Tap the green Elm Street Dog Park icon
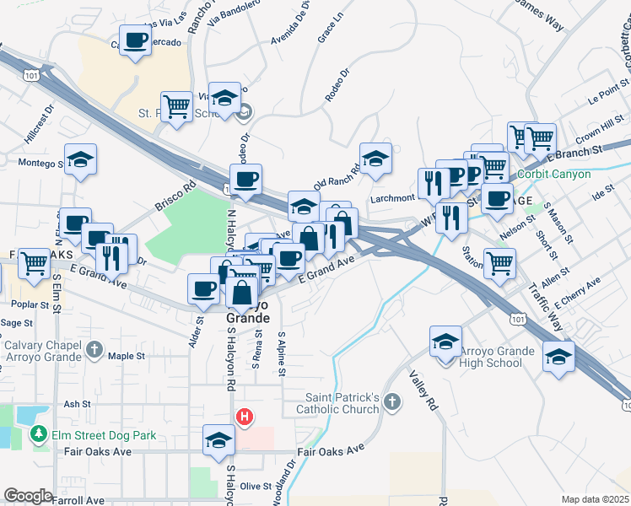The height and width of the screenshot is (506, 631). point(38,435)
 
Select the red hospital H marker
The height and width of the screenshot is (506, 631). point(245,417)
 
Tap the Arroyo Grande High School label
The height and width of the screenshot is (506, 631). point(498,357)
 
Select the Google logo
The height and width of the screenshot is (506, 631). point(28,496)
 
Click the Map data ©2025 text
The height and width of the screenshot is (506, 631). point(595,499)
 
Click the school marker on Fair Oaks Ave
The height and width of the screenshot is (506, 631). point(219,440)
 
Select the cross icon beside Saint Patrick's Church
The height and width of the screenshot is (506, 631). point(391,401)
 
